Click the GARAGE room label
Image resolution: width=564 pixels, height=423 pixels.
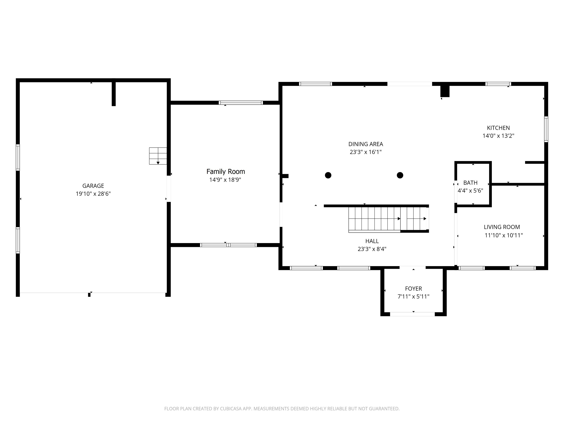click(x=93, y=186)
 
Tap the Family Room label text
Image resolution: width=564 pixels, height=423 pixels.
click(x=226, y=172)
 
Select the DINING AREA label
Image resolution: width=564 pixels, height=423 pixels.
click(x=366, y=144)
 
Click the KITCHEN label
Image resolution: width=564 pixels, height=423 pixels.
click(x=498, y=128)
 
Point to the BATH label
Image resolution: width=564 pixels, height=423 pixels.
click(x=470, y=183)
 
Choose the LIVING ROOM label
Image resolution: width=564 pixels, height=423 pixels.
click(x=502, y=227)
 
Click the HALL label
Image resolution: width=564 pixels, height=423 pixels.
click(x=372, y=241)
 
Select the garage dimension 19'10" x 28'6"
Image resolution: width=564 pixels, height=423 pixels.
click(x=93, y=194)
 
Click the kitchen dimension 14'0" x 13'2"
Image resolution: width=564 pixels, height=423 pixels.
click(x=498, y=136)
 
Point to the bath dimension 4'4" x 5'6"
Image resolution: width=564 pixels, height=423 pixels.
click(x=470, y=191)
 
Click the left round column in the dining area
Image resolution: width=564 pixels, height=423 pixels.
click(x=328, y=175)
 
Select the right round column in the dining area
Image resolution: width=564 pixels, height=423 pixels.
click(x=400, y=175)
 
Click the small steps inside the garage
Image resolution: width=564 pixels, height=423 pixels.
click(x=158, y=156)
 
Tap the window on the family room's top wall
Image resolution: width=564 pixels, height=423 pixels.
click(x=241, y=103)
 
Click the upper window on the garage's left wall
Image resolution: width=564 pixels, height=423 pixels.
click(x=18, y=157)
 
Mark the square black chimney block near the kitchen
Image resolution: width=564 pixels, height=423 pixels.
click(x=445, y=91)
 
